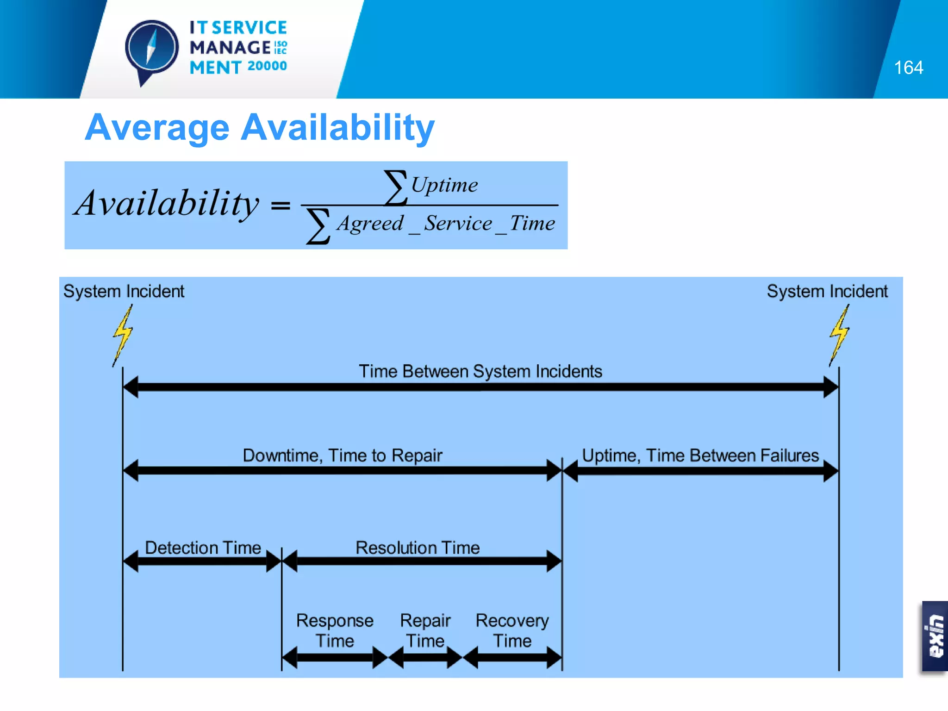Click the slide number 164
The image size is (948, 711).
(908, 68)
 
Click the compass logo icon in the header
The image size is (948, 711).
(152, 49)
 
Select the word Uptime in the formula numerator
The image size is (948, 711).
(444, 185)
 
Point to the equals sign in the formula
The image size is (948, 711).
(281, 205)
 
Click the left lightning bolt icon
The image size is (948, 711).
(123, 334)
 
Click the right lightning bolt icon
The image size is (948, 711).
(839, 334)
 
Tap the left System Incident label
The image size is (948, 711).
(124, 291)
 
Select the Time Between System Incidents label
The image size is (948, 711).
(480, 371)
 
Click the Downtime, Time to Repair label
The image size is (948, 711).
(343, 455)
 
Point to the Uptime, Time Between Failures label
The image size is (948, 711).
(700, 455)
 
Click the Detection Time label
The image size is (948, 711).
(203, 548)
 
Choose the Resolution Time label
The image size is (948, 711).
(418, 548)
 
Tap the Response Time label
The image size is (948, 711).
(335, 630)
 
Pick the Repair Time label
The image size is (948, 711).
(425, 630)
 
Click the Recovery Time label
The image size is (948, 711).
(512, 630)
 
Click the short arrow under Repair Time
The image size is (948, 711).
(425, 657)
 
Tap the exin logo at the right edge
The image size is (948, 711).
(935, 636)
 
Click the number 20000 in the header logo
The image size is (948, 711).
(267, 66)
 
